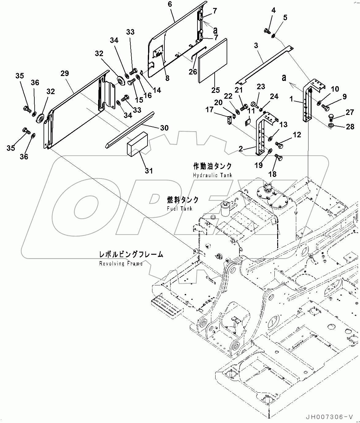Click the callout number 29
point(65,74)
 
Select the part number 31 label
point(149,170)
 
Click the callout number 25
point(215,90)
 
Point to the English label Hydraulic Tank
point(213,175)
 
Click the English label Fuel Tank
point(180,208)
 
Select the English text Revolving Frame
point(121,263)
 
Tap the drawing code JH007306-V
point(331,417)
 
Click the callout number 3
point(256,46)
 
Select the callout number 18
point(272,174)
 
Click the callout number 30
point(164,128)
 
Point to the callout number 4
point(273,10)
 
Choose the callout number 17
point(209,109)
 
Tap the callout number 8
point(167,78)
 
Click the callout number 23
point(261,87)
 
